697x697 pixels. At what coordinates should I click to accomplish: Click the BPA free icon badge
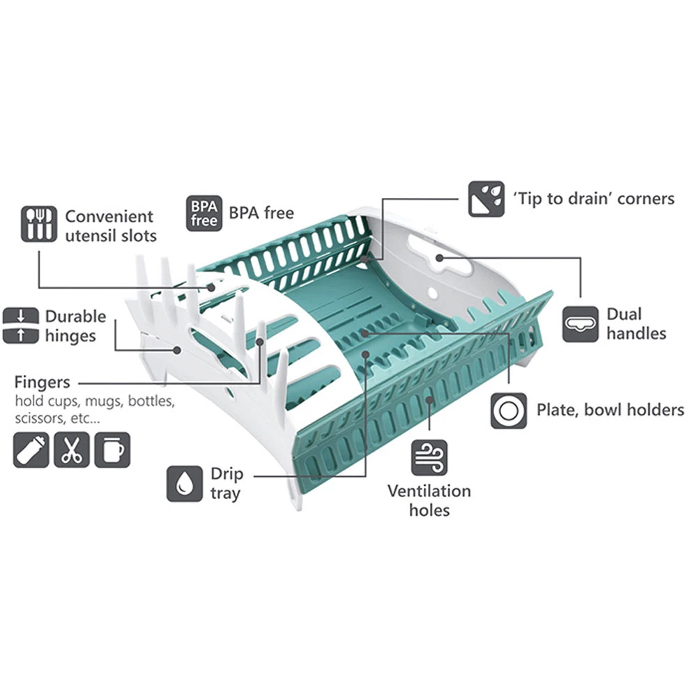point(204,213)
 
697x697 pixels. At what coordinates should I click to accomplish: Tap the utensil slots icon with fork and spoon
point(39,224)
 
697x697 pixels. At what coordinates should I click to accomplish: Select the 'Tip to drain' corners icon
point(487,199)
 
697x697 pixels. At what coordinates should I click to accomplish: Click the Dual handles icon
point(580,324)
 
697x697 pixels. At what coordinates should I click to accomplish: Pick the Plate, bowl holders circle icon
point(509,411)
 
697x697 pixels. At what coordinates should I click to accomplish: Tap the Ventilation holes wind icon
point(429,457)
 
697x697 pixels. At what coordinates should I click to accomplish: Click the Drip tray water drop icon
point(185,484)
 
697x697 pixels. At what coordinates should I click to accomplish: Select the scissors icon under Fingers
point(72,450)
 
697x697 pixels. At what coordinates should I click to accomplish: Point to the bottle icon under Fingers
point(31,450)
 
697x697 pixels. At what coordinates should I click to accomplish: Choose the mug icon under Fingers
point(112,450)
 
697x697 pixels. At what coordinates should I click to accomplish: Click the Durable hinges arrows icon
point(20,325)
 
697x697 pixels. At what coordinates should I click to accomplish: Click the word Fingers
point(43,382)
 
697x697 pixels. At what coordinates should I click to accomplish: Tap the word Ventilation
point(429,491)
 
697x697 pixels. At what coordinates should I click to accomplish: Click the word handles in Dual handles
point(636,333)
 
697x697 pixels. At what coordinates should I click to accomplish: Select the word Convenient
point(109,217)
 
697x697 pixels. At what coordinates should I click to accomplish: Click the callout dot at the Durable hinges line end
point(177,351)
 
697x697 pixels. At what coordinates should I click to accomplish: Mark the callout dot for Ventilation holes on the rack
point(429,400)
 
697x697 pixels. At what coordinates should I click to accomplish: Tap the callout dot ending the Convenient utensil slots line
point(212,288)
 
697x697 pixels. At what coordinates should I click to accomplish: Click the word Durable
point(75,316)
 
